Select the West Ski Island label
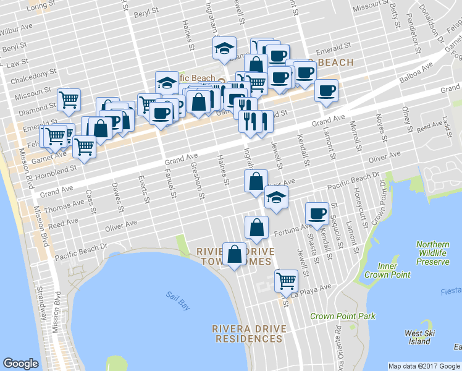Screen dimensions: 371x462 pos(418,337)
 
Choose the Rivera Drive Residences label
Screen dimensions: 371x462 pos(247,333)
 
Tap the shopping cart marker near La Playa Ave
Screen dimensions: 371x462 pos(287,281)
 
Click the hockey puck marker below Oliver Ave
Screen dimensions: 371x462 pos(276,198)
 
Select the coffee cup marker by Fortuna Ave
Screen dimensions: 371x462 pos(318,213)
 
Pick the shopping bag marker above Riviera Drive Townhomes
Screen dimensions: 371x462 pos(256,227)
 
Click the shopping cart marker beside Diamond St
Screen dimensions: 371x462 pos(69,99)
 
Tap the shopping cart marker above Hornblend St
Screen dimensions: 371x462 pos(84,147)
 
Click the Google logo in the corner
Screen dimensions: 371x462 pos(21,364)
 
